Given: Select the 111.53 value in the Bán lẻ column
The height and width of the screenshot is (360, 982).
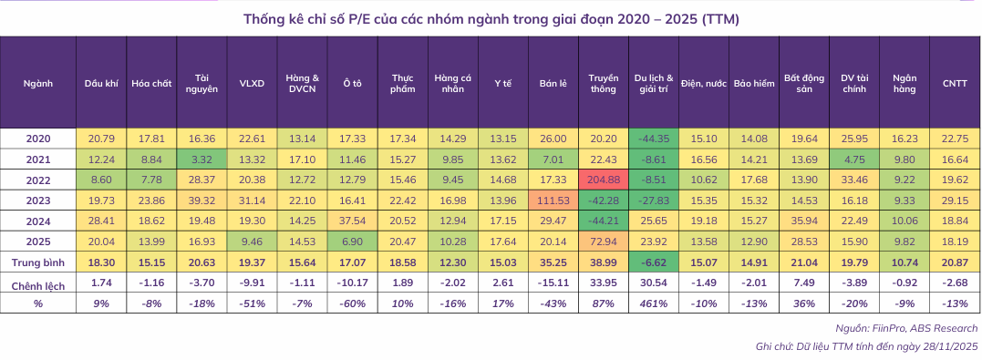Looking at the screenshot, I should [553, 199].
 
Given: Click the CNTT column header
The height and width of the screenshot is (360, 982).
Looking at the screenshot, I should [956, 83].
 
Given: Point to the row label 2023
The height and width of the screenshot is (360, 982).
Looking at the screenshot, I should [38, 199].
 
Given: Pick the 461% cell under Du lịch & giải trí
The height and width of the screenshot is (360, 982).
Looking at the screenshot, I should [653, 303].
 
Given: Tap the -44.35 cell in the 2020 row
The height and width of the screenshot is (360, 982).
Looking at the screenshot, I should [653, 138].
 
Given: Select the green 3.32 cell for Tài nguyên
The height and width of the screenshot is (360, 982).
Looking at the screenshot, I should [202, 158].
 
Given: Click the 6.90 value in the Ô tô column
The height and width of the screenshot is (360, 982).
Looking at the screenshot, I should [352, 241].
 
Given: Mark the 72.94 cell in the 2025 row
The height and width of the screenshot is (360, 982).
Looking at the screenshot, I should [604, 241].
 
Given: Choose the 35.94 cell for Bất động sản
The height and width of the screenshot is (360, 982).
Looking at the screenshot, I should [803, 220].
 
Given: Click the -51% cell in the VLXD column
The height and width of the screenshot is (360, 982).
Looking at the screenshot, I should [252, 303].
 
